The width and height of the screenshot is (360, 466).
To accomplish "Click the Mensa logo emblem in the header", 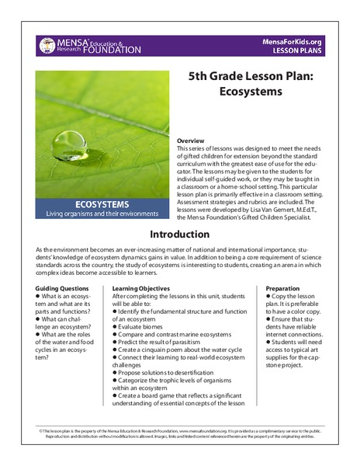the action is (x=48, y=45).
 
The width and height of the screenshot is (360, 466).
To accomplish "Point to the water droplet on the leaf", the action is (x=72, y=141).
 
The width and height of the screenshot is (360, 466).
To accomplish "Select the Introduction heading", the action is (x=179, y=234).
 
